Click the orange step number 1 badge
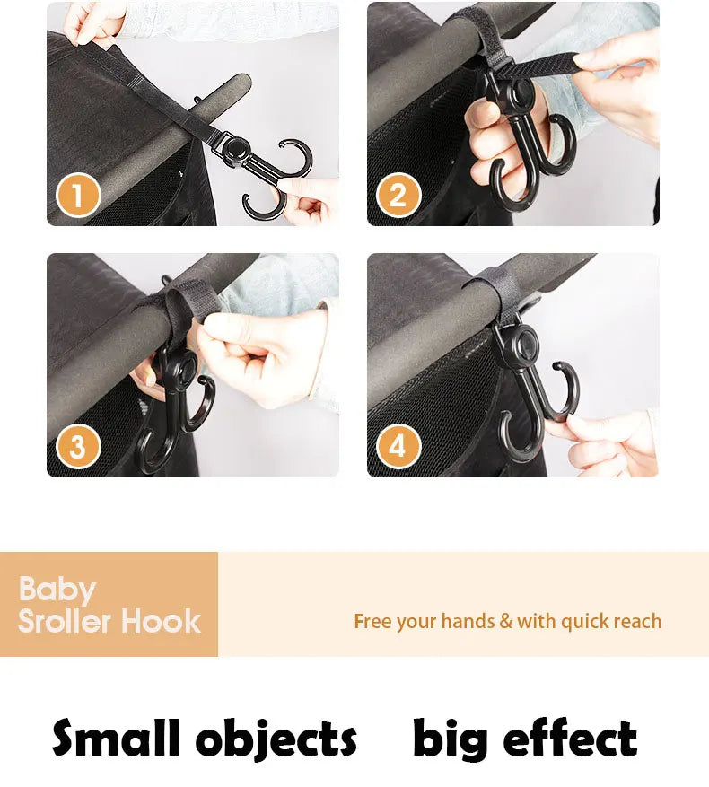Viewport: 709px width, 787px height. pyautogui.click(x=77, y=196)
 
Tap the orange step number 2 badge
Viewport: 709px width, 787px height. pyautogui.click(x=398, y=196)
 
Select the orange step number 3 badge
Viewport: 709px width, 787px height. pyautogui.click(x=77, y=447)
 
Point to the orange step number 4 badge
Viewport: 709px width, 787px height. pyautogui.click(x=398, y=447)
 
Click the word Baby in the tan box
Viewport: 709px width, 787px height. pyautogui.click(x=57, y=590)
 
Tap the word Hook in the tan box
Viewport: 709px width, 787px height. pyautogui.click(x=162, y=621)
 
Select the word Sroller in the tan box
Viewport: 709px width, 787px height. pyautogui.click(x=66, y=621)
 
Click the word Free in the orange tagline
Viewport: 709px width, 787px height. pyautogui.click(x=373, y=621)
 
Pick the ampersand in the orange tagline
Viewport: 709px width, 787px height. pyautogui.click(x=506, y=621)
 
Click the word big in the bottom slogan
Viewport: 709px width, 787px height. pyautogui.click(x=449, y=740)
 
